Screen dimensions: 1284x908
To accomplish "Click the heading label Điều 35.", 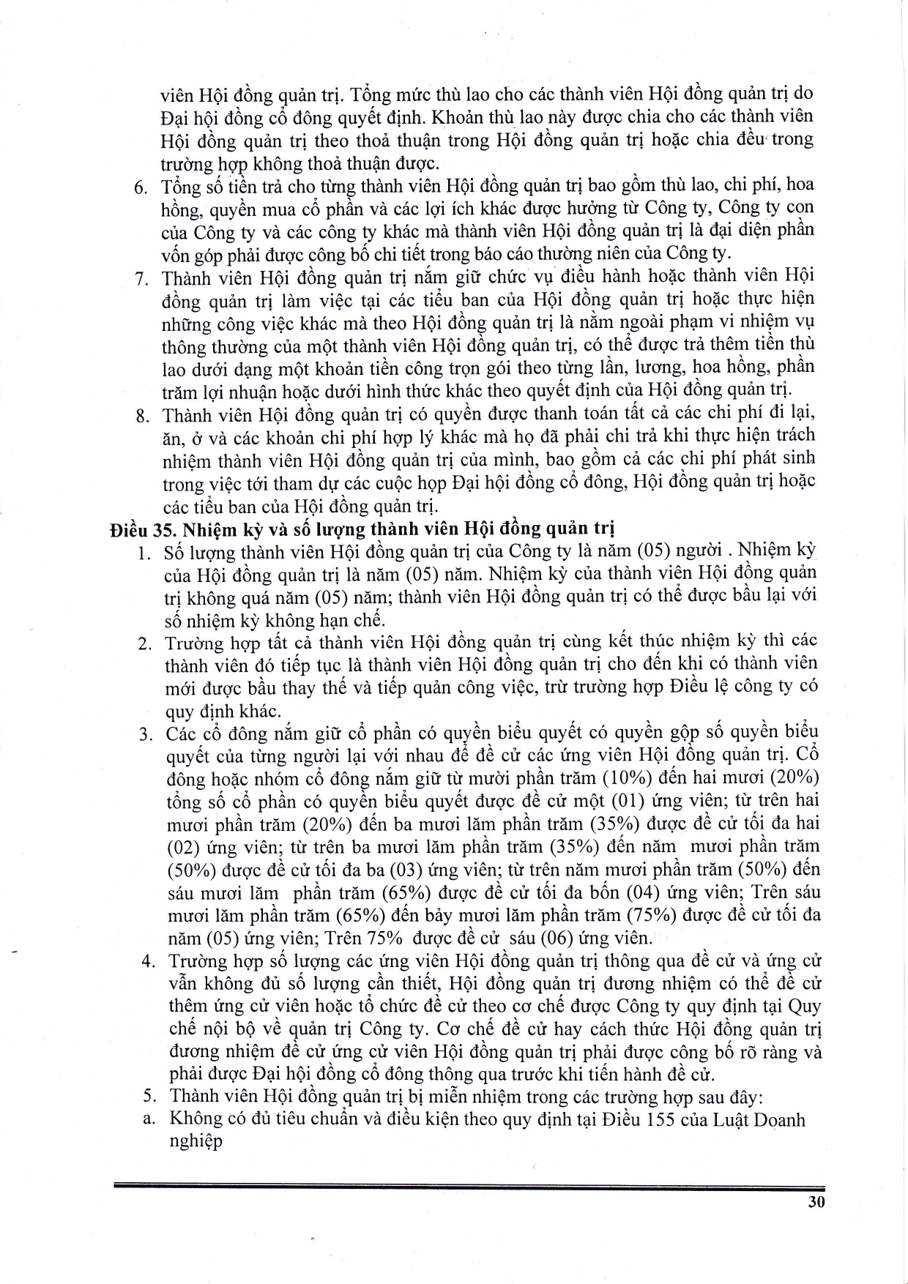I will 140,529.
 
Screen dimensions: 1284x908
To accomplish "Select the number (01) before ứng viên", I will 628,800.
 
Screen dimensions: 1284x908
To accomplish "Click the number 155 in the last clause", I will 666,1120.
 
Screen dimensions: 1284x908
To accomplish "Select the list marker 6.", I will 142,187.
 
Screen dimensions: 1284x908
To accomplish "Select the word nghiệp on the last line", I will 196,1143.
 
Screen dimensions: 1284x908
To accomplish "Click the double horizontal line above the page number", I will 469,1187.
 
